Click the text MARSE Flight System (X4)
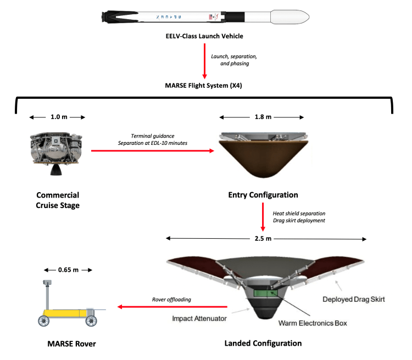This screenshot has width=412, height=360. coord(204,86)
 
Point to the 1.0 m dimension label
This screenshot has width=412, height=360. coord(57,117)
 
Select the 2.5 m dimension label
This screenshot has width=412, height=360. coord(266,238)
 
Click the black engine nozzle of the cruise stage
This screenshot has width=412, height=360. coord(57,170)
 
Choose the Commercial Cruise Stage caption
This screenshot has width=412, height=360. coord(58,200)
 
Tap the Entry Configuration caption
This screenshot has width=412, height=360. coord(263,195)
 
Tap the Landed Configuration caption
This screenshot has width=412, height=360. coord(263,344)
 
